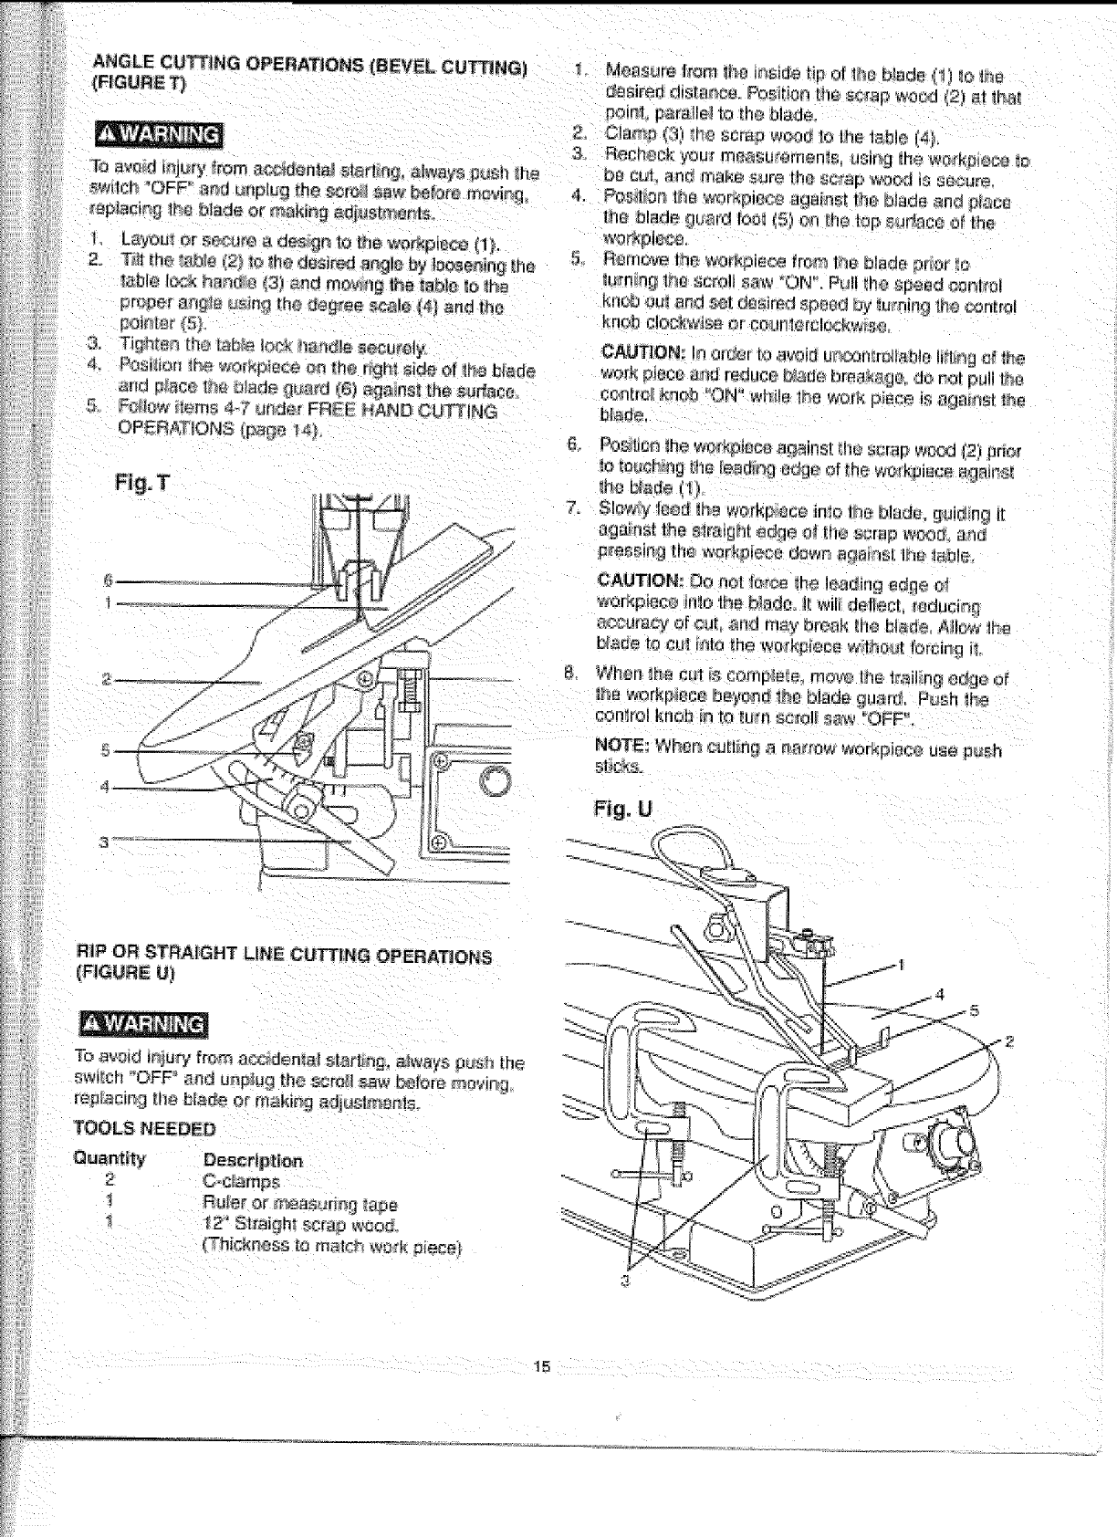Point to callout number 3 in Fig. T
coord(105,842)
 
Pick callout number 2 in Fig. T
coord(106,679)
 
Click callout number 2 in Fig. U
coord(1009,1041)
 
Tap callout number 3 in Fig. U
coord(626,1281)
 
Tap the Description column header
coord(253,1161)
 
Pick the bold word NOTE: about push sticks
coord(621,750)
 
